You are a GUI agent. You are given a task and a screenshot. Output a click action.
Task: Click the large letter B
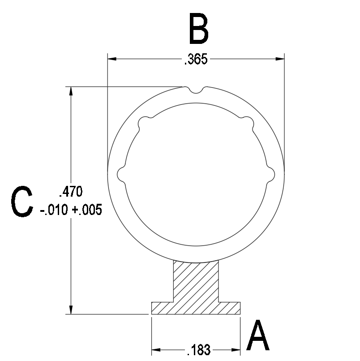click(199, 29)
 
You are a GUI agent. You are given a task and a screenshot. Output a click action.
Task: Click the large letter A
click(258, 335)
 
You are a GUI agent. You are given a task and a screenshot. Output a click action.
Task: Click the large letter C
click(22, 202)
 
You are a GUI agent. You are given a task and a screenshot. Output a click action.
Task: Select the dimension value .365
click(196, 59)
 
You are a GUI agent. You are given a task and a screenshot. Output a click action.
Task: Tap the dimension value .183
click(199, 350)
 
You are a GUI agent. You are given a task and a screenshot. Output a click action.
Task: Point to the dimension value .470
click(71, 192)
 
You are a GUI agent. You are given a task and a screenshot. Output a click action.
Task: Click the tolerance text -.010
click(54, 210)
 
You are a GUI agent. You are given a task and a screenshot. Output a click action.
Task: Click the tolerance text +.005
click(87, 210)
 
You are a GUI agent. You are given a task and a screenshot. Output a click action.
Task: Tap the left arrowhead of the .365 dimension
click(112, 59)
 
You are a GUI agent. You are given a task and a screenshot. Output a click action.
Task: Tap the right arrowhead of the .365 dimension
click(280, 59)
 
